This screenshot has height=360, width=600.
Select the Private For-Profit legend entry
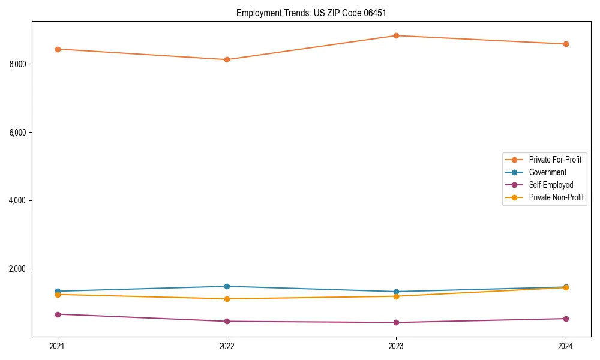[555, 160]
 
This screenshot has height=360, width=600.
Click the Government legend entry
[547, 172]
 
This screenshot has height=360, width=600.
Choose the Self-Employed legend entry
[551, 185]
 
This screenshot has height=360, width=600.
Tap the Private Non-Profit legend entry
[556, 197]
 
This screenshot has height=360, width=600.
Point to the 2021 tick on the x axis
[58, 346]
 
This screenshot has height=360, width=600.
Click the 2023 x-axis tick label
[396, 346]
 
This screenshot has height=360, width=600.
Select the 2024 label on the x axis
[565, 346]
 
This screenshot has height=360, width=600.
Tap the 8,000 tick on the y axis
[18, 64]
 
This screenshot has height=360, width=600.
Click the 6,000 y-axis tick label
[18, 132]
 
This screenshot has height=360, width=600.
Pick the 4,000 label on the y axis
[18, 200]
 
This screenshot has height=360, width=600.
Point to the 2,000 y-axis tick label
[18, 269]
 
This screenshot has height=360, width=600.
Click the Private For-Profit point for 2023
[396, 35]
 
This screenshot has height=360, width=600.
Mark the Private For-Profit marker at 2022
[227, 59]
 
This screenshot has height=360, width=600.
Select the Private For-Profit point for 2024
[565, 44]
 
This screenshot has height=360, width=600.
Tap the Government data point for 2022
[227, 286]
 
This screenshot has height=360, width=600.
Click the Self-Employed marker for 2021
[58, 314]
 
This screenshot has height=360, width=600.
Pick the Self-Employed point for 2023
[396, 322]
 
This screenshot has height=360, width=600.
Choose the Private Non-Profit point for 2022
[227, 299]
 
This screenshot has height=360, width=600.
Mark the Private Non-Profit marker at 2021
[58, 295]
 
